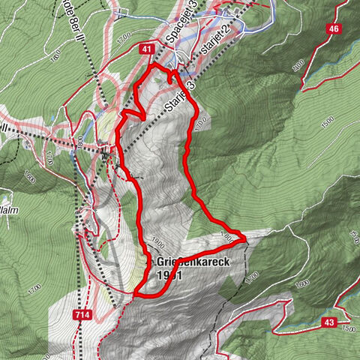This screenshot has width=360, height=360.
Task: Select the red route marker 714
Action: (83, 316)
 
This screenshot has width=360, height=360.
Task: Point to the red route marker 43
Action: (328, 322)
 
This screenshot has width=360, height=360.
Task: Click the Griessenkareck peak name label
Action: (192, 262)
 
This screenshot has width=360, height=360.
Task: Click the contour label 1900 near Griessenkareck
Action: (157, 242)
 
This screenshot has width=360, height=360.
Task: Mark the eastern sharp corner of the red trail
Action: (244, 239)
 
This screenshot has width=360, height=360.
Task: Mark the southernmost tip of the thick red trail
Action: (136, 295)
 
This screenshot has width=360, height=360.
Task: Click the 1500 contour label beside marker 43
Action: (348, 328)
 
